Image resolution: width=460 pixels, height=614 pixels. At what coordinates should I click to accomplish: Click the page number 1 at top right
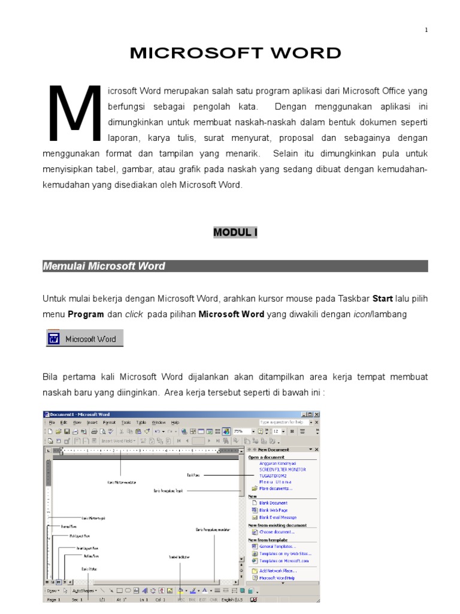[426, 30]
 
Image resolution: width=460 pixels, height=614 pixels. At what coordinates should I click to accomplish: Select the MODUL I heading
[235, 233]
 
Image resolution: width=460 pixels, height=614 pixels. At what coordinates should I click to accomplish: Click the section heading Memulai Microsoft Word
[104, 266]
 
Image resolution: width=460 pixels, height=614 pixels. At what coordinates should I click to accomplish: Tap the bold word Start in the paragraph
[383, 299]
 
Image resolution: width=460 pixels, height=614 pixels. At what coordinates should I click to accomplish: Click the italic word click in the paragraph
[134, 314]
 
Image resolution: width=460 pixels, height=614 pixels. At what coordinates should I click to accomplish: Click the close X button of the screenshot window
[317, 414]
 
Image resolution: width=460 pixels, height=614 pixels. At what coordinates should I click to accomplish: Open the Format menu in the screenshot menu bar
[109, 423]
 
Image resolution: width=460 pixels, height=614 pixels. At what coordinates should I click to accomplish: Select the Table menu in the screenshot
[141, 423]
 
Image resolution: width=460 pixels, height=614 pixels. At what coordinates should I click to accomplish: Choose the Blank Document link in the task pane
[273, 503]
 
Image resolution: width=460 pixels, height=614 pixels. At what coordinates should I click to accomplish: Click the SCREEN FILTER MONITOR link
[282, 469]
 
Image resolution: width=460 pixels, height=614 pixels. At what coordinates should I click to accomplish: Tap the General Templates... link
[277, 546]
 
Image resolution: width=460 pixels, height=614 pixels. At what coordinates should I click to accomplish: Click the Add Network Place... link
[277, 570]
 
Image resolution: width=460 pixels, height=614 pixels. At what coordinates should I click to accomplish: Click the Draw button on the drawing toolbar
[53, 591]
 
